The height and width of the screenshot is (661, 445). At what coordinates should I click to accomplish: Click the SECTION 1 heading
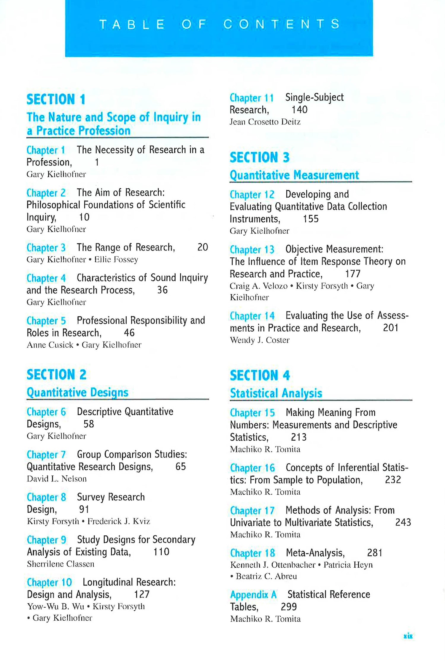56,100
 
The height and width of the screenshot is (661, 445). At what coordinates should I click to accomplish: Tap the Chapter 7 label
46,455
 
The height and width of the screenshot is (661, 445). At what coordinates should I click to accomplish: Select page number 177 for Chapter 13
353,274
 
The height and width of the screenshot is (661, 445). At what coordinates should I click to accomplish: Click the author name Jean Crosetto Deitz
265,122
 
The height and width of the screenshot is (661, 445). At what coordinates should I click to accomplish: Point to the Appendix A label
253,594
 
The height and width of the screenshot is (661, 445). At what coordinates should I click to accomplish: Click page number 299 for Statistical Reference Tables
289,607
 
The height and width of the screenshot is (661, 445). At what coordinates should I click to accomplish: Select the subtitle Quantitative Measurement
294,175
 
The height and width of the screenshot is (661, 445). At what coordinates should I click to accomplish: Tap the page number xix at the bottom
408,636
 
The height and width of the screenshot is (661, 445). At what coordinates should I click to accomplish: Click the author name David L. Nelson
57,479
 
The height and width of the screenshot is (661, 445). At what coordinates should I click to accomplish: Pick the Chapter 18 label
252,553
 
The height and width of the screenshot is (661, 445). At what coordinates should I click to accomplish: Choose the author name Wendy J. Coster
260,340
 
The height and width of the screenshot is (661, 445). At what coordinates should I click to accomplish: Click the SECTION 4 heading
260,376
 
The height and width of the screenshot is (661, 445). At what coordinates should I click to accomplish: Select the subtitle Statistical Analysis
276,393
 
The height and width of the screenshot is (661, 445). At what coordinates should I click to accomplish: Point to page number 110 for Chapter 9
161,552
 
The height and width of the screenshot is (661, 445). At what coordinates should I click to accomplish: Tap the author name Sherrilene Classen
61,564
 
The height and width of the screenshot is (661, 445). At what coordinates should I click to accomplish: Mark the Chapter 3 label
46,247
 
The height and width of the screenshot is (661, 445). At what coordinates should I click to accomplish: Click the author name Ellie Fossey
116,259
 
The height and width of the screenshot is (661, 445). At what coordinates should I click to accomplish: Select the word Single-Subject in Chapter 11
314,97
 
